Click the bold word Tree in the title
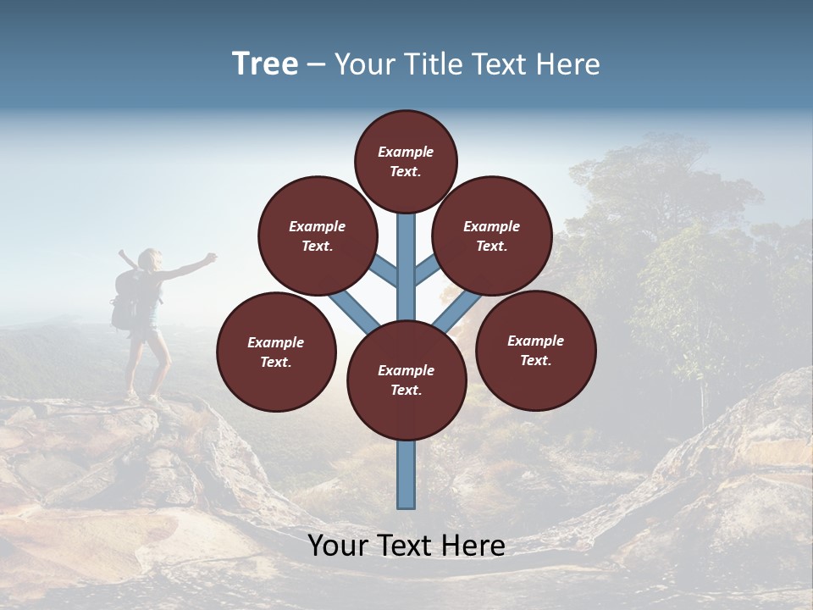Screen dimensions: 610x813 pyautogui.click(x=265, y=64)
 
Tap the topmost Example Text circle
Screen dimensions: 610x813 pyautogui.click(x=406, y=161)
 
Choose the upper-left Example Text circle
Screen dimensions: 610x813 pyautogui.click(x=317, y=236)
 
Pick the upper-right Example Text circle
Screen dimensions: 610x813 pyautogui.click(x=491, y=236)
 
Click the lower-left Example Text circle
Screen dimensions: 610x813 pyautogui.click(x=276, y=352)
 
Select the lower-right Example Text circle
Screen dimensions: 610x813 pyautogui.click(x=535, y=350)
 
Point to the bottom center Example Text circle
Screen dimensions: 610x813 pyautogui.click(x=406, y=380)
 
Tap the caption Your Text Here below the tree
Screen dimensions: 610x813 pyautogui.click(x=406, y=546)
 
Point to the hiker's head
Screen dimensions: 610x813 pyautogui.click(x=151, y=258)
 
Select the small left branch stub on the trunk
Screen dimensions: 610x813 pyautogui.click(x=384, y=269)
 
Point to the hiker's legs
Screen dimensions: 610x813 pyautogui.click(x=144, y=364)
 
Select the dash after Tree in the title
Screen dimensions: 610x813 pyautogui.click(x=316, y=65)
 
